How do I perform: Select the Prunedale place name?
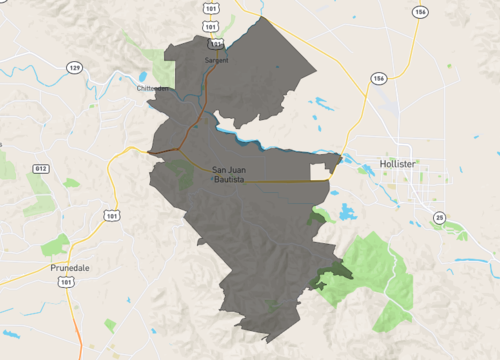click(x=70, y=269)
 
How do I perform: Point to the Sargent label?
click(x=216, y=60)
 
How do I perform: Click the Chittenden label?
click(x=152, y=88)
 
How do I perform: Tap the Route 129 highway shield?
click(x=74, y=67)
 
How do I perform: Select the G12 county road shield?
click(x=40, y=169)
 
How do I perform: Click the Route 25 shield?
click(x=439, y=217)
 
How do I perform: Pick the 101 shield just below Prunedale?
click(x=65, y=283)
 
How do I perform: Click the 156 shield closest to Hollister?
click(x=378, y=77)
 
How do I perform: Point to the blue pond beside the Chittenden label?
click(x=143, y=76)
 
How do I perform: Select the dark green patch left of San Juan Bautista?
click(x=181, y=171)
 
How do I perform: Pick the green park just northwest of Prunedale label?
click(x=55, y=244)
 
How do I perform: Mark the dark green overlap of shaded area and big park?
click(x=330, y=276)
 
